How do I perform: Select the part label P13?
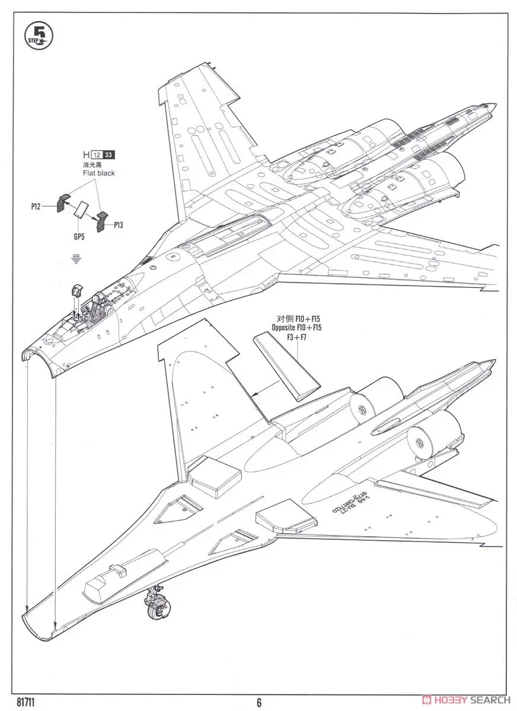pyautogui.click(x=116, y=226)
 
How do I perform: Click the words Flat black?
pyautogui.click(x=99, y=174)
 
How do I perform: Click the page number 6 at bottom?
pyautogui.click(x=259, y=703)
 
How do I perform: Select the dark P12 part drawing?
pyautogui.click(x=63, y=201)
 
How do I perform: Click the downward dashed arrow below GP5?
pyautogui.click(x=75, y=258)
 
